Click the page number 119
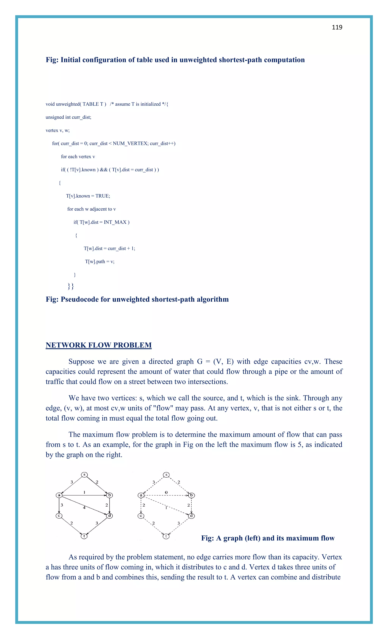click(x=337, y=27)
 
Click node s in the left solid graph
click(x=84, y=475)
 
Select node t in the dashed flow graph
click(x=166, y=536)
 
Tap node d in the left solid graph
click(x=110, y=515)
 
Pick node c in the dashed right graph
click(x=141, y=515)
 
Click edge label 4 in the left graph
click(x=84, y=507)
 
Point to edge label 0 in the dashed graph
click(x=166, y=492)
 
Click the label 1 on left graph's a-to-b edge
click(x=84, y=492)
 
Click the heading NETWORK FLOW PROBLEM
click(x=99, y=345)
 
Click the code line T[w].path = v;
click(x=100, y=261)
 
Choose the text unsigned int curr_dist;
click(x=68, y=117)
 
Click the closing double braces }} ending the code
click(x=70, y=286)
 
